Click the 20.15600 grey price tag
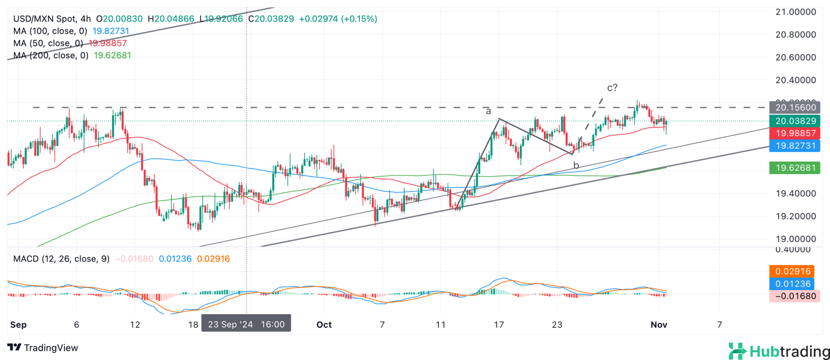click(795, 108)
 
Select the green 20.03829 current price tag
click(795, 121)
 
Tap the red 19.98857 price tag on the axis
click(795, 133)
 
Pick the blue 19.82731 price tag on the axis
click(795, 146)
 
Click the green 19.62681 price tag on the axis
click(795, 168)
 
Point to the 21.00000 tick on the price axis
click(795, 12)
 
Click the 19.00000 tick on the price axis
click(795, 239)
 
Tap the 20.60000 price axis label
click(795, 57)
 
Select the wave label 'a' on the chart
click(488, 111)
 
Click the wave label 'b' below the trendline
click(576, 166)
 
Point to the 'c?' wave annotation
click(612, 88)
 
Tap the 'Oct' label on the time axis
click(324, 325)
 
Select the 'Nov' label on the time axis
click(659, 325)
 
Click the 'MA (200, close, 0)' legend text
click(51, 55)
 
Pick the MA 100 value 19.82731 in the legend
click(111, 31)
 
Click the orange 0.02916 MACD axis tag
click(792, 271)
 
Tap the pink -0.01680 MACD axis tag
click(795, 296)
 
